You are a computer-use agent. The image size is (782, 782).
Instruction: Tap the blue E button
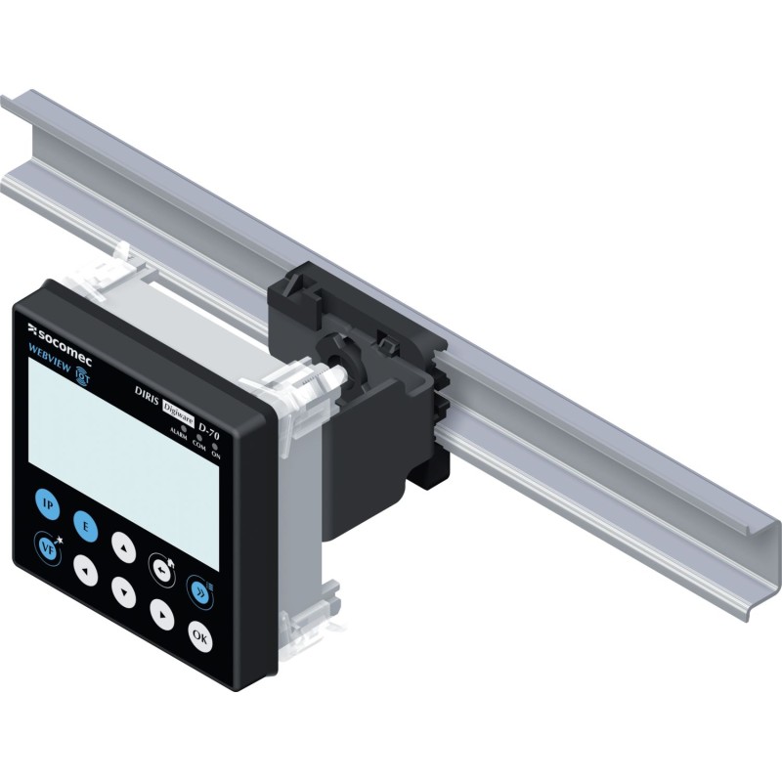(x=84, y=526)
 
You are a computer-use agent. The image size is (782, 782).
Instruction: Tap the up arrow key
(x=122, y=543)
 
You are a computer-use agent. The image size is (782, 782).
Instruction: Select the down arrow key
(x=123, y=588)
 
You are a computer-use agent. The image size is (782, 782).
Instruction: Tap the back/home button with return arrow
(x=159, y=566)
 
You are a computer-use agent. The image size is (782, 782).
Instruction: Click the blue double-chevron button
(x=198, y=587)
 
